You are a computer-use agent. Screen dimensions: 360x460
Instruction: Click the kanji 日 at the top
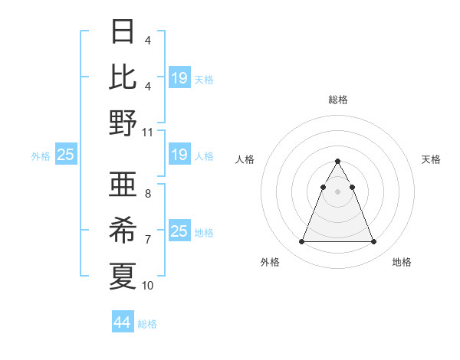pos(123,32)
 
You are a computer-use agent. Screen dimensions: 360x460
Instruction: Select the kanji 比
pos(123,77)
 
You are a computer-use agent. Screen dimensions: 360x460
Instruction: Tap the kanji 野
pos(123,123)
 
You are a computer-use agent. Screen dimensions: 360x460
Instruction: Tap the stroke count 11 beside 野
pos(148,132)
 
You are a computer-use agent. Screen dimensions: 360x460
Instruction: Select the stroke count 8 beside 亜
pos(147,194)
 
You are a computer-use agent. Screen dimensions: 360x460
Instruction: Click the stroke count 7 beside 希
pos(147,240)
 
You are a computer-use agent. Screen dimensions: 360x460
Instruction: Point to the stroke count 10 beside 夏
pos(148,285)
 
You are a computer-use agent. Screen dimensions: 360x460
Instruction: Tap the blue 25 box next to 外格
pos(66,155)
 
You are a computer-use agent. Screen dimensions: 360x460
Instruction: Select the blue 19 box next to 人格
pos(179,155)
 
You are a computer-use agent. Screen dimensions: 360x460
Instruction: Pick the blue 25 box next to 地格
pos(179,232)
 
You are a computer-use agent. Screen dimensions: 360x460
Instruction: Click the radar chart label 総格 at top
pos(338,100)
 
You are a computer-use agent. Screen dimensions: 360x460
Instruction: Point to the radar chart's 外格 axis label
pos(270,262)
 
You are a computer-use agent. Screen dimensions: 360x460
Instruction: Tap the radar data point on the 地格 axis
pos(373,242)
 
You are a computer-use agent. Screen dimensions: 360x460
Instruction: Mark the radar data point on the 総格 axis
pos(337,161)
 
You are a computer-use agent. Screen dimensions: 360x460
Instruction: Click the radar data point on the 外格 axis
pos(301,242)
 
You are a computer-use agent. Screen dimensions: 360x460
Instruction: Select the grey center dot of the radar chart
pos(337,191)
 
